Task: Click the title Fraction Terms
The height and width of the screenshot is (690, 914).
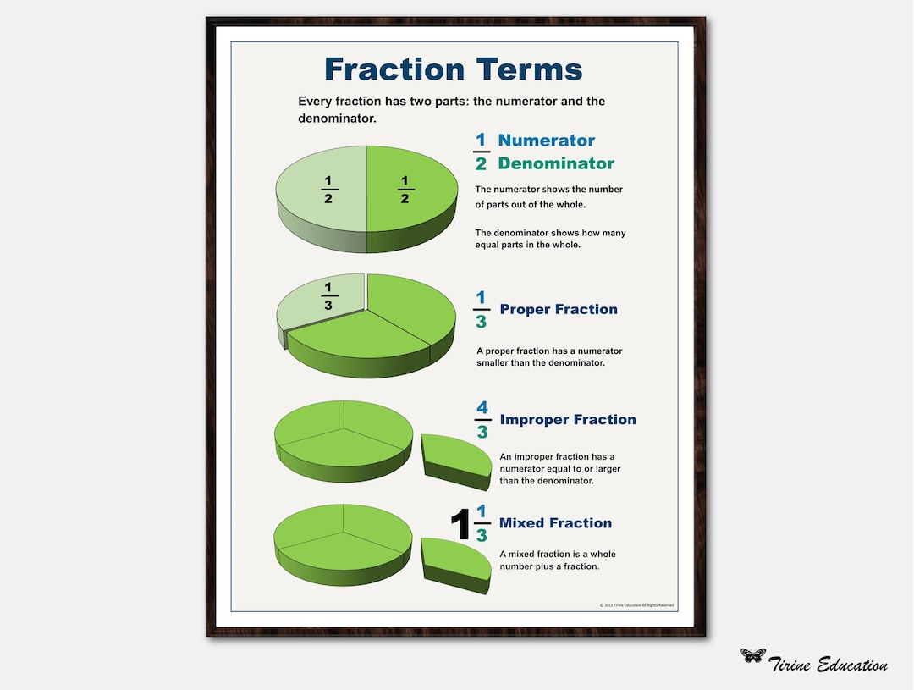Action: pos(453,69)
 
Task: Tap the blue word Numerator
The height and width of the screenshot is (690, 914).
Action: pos(546,141)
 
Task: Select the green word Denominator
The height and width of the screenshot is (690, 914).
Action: pos(556,163)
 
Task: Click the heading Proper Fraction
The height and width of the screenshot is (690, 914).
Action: pos(559,309)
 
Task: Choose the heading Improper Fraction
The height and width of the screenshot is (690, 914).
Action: pos(568,419)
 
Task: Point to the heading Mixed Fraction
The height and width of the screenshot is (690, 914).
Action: pos(555,522)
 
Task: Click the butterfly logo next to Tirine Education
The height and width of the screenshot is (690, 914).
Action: pos(752,655)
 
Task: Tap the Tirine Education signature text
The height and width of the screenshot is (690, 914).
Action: pos(829,665)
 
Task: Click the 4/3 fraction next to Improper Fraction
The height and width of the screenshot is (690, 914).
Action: pos(482,420)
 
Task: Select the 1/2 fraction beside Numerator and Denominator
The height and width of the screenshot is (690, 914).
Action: pos(482,152)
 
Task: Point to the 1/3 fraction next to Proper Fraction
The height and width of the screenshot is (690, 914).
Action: pos(482,310)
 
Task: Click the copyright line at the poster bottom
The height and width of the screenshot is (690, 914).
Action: pos(636,605)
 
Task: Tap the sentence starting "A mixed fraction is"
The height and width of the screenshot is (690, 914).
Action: pos(557,560)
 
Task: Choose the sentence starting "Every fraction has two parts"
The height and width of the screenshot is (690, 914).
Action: pos(451,110)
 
